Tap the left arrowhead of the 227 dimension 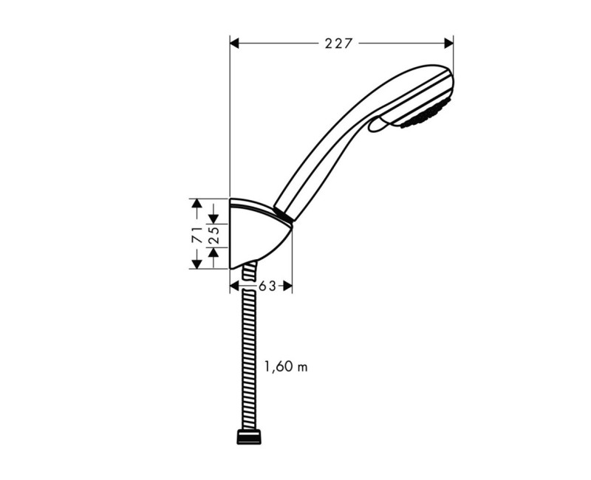[x=236, y=43]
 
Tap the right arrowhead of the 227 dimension [x=448, y=43]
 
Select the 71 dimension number [x=197, y=235]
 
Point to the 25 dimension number [x=213, y=235]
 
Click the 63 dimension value [x=267, y=286]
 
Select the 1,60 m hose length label [x=285, y=366]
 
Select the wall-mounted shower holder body [x=255, y=235]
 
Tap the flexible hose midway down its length [x=249, y=354]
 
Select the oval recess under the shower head [x=379, y=126]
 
